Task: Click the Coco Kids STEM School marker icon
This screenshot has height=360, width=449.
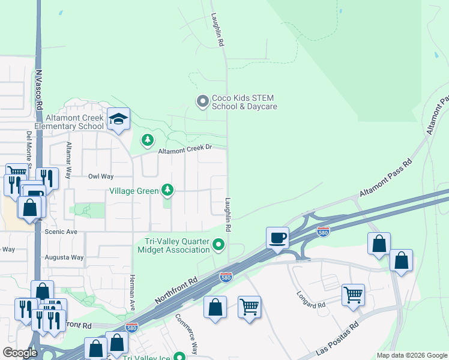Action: point(202,101)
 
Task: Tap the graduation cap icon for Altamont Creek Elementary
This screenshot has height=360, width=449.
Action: point(118,119)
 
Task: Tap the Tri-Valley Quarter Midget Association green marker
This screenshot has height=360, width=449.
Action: point(218,244)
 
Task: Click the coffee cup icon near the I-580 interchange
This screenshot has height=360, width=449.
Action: point(277,238)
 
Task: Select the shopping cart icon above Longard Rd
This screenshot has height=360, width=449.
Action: point(353,294)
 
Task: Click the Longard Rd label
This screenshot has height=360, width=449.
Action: point(311,300)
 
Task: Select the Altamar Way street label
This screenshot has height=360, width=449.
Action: point(68,160)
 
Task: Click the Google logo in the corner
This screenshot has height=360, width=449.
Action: point(20,353)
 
